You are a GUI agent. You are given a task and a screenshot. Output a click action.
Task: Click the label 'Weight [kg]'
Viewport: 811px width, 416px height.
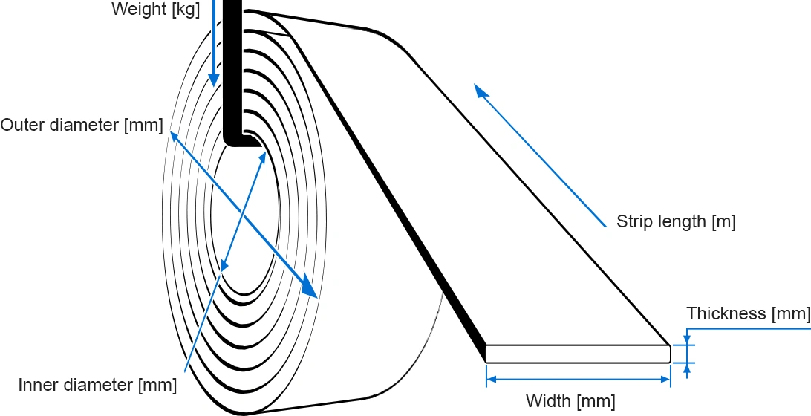(156, 10)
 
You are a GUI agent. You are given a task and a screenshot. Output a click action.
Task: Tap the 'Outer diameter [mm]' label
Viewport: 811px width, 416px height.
(82, 126)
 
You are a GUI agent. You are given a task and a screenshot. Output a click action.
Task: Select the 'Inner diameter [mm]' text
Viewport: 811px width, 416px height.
(97, 385)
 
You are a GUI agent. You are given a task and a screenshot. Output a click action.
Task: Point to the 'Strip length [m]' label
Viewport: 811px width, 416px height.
(676, 221)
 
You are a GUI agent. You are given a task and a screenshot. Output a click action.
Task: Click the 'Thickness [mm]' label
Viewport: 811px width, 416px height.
(748, 313)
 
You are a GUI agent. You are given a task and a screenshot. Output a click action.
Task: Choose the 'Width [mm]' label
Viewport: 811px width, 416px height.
(570, 401)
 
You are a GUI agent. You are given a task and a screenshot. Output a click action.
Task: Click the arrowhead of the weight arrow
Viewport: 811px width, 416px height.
(213, 79)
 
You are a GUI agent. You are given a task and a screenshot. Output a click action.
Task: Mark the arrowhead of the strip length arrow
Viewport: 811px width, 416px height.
(481, 91)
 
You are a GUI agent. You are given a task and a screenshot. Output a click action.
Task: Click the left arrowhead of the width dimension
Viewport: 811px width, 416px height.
(492, 380)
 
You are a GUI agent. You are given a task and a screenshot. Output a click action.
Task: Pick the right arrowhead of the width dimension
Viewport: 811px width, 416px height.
(665, 380)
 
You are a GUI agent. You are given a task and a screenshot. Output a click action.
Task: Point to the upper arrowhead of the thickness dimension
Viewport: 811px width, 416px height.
(687, 340)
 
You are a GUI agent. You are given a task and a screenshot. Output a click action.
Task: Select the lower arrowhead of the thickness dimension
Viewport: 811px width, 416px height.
(687, 368)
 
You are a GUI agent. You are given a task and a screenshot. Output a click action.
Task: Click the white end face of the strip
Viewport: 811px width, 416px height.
(579, 354)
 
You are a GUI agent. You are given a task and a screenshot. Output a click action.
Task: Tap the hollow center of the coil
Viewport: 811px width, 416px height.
(244, 218)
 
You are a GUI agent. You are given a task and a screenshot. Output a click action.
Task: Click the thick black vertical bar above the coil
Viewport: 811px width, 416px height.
(232, 73)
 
